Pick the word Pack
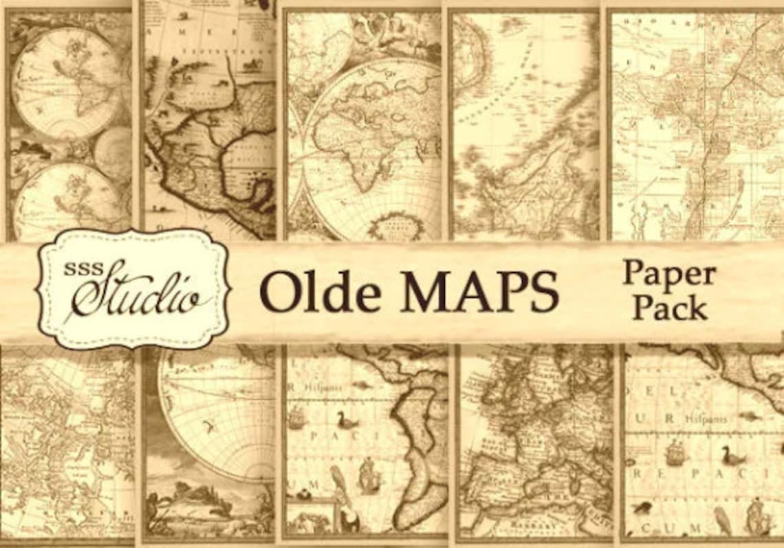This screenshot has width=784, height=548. [x=670, y=307]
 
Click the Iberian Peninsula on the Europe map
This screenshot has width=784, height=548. [x=488, y=473]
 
